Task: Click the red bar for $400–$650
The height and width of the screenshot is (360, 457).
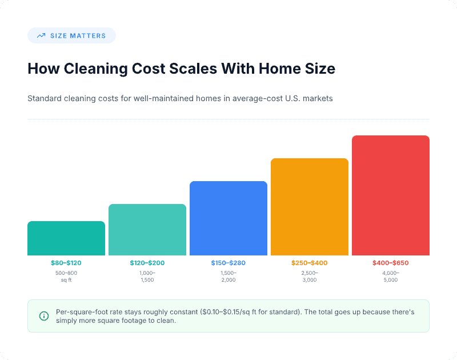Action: click(x=391, y=195)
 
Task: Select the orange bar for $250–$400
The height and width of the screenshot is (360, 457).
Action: click(x=310, y=207)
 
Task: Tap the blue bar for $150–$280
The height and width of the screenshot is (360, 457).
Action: click(x=228, y=218)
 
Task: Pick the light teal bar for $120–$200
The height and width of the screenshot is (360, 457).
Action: click(x=147, y=230)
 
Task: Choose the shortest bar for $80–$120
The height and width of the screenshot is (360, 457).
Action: click(x=66, y=238)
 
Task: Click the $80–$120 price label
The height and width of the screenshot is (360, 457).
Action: click(x=66, y=263)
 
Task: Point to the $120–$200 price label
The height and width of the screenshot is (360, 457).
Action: click(x=147, y=263)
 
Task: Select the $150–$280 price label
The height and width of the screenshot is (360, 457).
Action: click(x=228, y=263)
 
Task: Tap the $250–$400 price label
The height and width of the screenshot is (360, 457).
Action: click(x=310, y=263)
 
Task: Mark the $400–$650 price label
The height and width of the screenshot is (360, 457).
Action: click(x=391, y=263)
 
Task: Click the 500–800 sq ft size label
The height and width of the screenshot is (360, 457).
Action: click(x=66, y=277)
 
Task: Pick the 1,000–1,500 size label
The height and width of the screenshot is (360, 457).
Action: click(x=147, y=277)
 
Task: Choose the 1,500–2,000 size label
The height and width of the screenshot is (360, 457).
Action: click(x=228, y=277)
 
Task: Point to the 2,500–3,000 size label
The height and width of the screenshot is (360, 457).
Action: click(x=310, y=277)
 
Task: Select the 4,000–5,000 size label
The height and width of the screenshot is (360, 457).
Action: click(x=391, y=277)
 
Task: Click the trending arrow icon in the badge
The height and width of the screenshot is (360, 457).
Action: click(x=41, y=35)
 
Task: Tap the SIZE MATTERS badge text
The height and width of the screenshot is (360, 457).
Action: click(x=78, y=35)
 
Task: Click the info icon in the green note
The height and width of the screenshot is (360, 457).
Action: click(x=44, y=316)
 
